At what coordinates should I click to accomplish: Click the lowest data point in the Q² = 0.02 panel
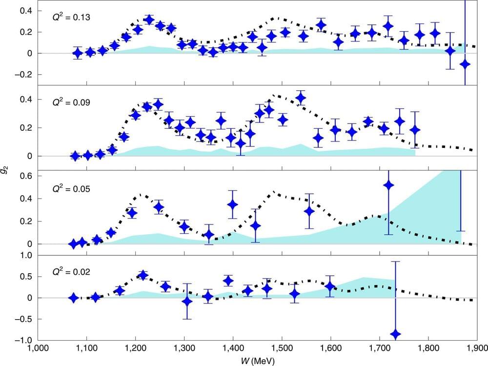[x=395, y=334]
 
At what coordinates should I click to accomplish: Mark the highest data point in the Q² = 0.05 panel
[x=388, y=185]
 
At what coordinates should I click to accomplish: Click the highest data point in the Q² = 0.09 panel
[x=301, y=98]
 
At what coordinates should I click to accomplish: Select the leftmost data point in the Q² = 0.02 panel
[x=73, y=298]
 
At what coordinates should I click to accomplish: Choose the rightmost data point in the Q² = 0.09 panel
[x=415, y=130]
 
